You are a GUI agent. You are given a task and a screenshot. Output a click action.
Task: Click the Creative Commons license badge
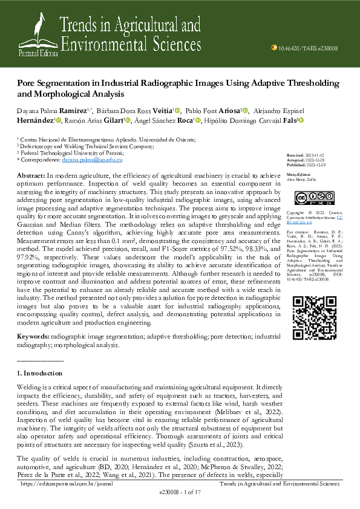click(307, 198)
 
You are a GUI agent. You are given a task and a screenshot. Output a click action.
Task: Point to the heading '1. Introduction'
click(40, 373)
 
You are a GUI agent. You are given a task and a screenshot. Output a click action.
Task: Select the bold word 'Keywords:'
click(33, 335)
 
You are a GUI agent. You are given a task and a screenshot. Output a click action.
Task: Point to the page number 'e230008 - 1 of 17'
click(180, 493)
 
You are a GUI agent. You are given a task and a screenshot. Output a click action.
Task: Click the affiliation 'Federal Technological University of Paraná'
click(73, 153)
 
